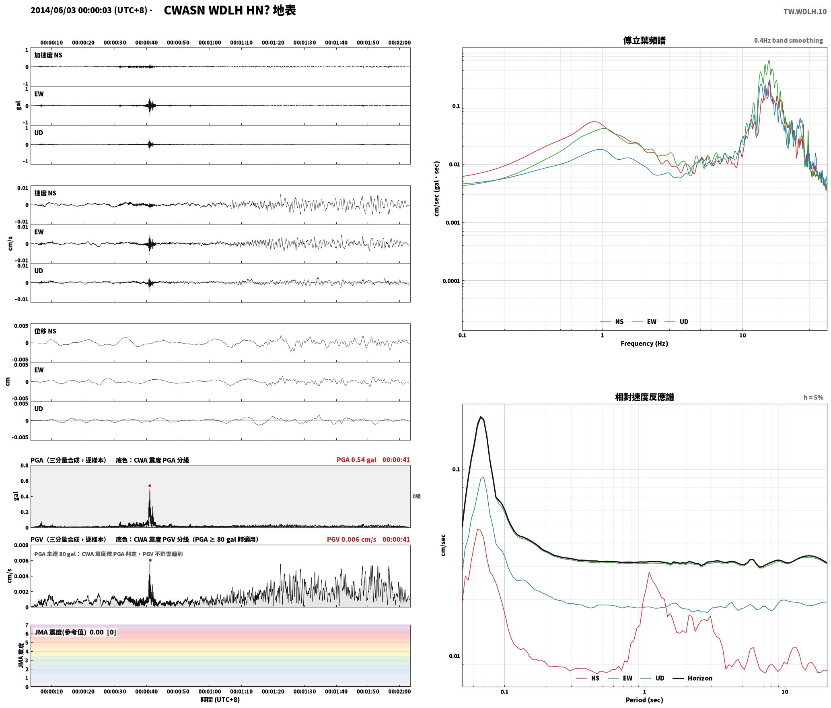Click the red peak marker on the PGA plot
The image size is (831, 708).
[150, 486]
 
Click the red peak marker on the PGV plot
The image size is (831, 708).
[150, 560]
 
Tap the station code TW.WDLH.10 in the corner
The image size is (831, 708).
[805, 12]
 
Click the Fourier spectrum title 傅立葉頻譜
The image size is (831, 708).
[644, 40]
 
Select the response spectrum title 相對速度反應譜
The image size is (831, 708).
[644, 397]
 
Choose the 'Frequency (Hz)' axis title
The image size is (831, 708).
[644, 343]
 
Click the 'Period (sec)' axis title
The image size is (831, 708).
[644, 700]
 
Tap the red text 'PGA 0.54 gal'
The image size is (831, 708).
[356, 460]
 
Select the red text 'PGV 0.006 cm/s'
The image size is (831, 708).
[352, 539]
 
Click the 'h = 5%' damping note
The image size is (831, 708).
[813, 397]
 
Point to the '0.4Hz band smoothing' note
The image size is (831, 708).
[788, 41]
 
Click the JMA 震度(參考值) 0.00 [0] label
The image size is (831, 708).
[75, 632]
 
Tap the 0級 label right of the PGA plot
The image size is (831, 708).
[416, 496]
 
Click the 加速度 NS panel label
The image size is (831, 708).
[48, 55]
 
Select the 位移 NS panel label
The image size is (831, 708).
[45, 331]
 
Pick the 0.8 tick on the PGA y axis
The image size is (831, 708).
[25, 466]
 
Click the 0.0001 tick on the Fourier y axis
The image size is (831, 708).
[450, 281]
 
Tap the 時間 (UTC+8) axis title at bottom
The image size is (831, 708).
[220, 700]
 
